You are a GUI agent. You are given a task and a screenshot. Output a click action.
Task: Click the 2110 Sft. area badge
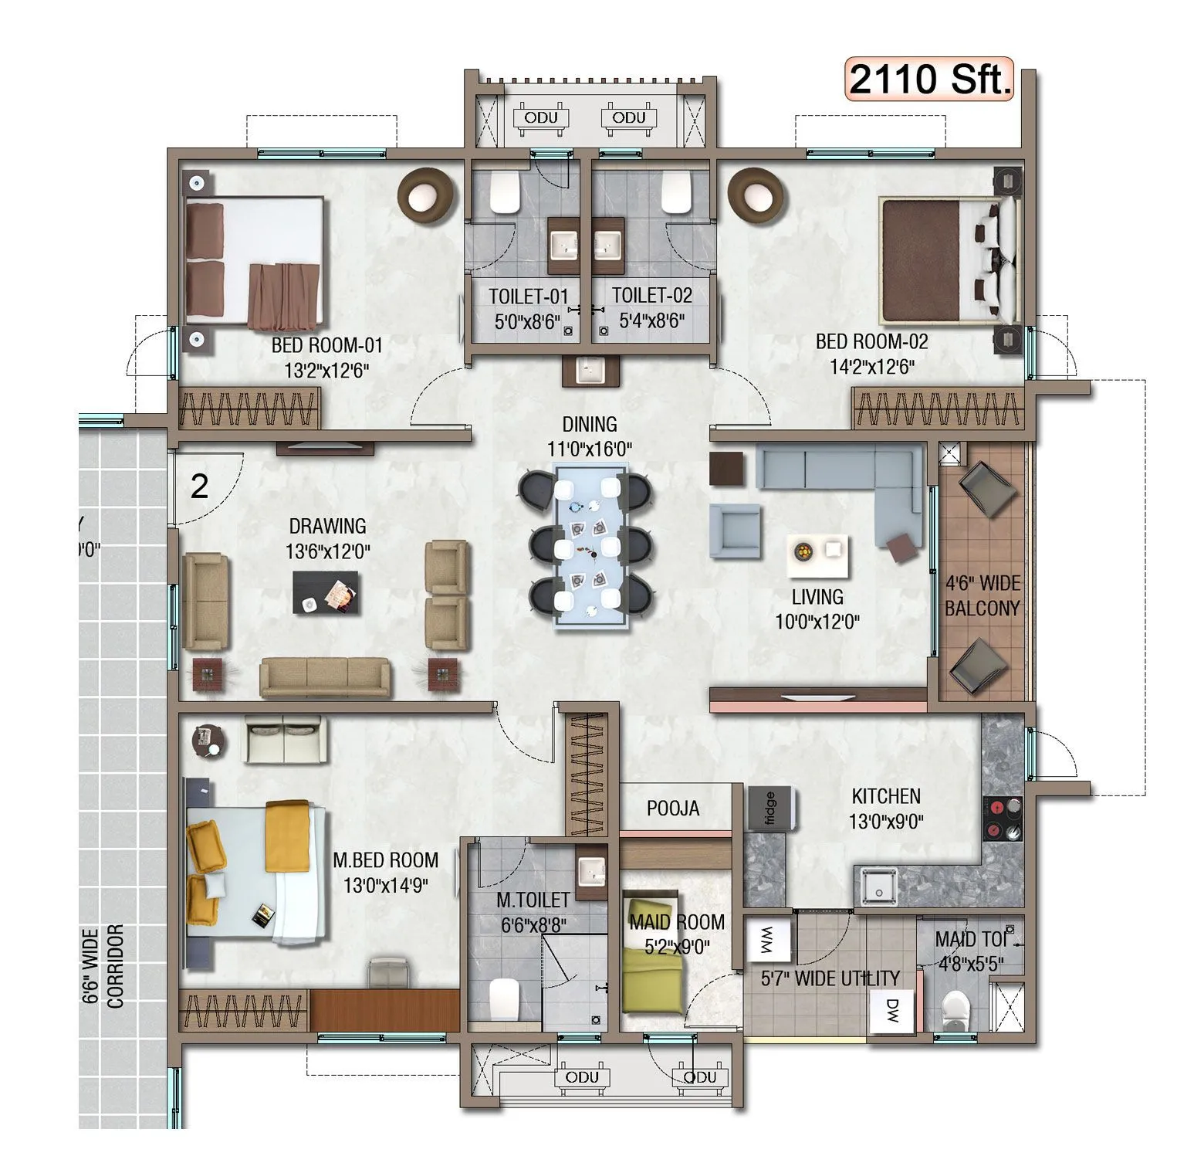[x=929, y=80]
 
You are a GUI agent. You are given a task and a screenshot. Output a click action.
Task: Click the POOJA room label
[x=673, y=809]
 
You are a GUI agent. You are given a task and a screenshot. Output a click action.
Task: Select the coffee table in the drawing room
[x=326, y=593]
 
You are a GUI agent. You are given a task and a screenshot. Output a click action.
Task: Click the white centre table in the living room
[x=820, y=555]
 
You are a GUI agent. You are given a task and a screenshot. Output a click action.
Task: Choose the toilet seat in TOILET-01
[x=506, y=192]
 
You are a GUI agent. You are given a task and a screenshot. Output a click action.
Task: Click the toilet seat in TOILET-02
[x=676, y=192]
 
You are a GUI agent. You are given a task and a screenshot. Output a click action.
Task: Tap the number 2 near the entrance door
[x=199, y=487]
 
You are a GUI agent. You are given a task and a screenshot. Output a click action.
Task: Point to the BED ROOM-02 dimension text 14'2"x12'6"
[x=872, y=367]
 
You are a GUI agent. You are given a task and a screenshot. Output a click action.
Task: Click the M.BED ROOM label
[x=385, y=860]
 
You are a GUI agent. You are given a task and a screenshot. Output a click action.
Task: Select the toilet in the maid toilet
[x=957, y=1008]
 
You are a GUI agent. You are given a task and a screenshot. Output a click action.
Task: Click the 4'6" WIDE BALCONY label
[x=982, y=595]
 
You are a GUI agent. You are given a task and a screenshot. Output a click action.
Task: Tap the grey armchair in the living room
[x=734, y=530]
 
